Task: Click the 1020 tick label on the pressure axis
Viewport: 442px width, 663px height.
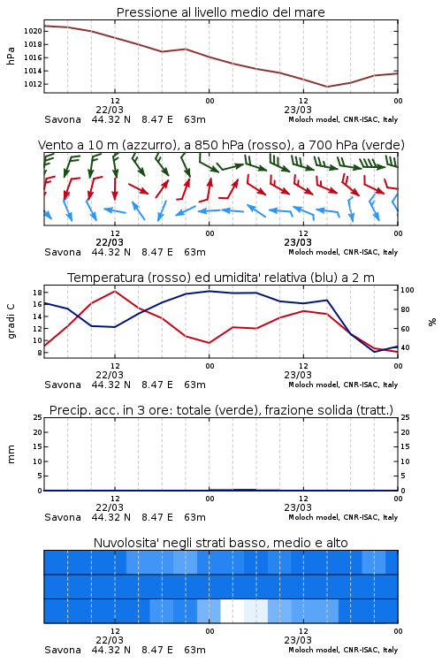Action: point(33,31)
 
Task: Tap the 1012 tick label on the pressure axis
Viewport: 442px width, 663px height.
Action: point(33,84)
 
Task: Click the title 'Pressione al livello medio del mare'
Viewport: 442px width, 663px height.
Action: point(221,12)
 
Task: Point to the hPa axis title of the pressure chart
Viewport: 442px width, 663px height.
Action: point(11,56)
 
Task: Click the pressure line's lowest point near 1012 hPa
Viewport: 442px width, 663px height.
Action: point(326,87)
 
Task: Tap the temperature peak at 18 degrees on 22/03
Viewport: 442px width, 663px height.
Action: point(115,292)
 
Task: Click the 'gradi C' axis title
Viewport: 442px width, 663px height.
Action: point(11,322)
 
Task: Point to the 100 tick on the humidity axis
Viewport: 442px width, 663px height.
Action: point(408,290)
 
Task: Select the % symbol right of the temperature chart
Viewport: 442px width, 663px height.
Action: point(432,322)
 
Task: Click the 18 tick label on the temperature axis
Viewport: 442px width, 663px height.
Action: point(37,293)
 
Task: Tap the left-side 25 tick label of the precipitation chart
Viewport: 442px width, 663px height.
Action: point(37,417)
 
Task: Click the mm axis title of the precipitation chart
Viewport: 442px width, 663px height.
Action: point(11,454)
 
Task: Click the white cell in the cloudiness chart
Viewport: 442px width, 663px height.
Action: point(232,611)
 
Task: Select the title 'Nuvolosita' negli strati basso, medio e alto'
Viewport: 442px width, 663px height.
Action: point(221,543)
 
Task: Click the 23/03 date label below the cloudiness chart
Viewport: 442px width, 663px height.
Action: point(298,640)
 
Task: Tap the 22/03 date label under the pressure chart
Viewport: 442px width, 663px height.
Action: point(110,110)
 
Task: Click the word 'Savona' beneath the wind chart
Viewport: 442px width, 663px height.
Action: point(63,253)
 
